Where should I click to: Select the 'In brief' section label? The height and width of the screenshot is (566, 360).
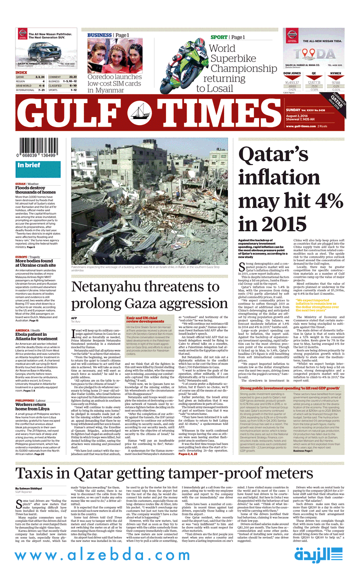pyautogui.click(x=29, y=165)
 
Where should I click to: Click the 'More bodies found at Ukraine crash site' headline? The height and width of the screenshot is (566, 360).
pyautogui.click(x=35, y=263)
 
